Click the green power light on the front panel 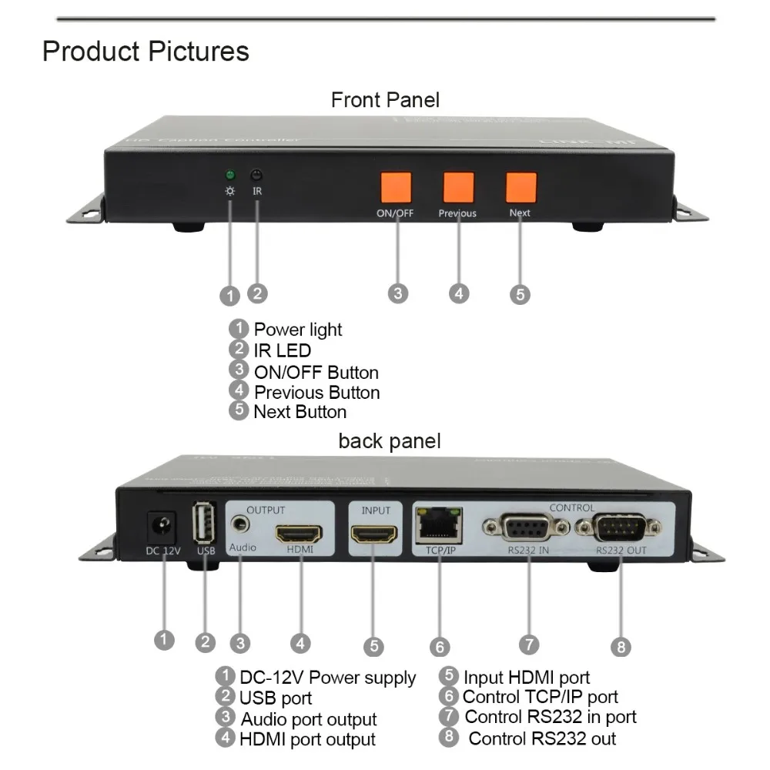click(229, 175)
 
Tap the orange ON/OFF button click(396, 187)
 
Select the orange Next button click(521, 187)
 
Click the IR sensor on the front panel click(258, 175)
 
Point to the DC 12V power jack click(162, 527)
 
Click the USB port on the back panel click(206, 523)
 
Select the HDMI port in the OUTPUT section click(299, 533)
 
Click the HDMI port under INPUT click(375, 533)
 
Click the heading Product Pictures click(146, 52)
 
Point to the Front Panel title click(385, 100)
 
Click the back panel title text click(390, 441)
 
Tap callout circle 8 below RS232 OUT click(621, 645)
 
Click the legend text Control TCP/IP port click(540, 697)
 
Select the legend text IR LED click(283, 351)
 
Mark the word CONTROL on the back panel click(572, 508)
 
